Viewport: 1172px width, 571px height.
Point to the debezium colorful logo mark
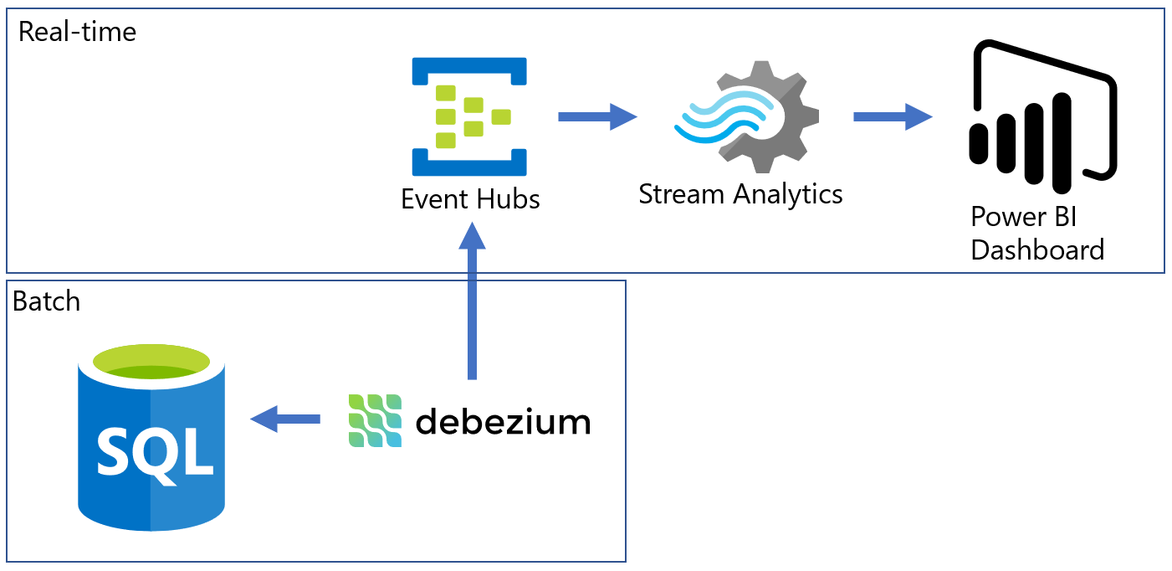point(375,420)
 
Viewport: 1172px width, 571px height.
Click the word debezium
point(503,421)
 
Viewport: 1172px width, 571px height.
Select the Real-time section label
point(77,33)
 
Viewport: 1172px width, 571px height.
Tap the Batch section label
point(47,301)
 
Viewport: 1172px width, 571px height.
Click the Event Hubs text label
point(470,199)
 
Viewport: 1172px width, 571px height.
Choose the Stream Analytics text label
point(740,194)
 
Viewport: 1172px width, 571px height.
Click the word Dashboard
point(1037,249)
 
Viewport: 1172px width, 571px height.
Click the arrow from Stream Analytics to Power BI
point(892,116)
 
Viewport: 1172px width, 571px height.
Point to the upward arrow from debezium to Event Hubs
point(473,301)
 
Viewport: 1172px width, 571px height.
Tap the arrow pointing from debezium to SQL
point(285,418)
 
